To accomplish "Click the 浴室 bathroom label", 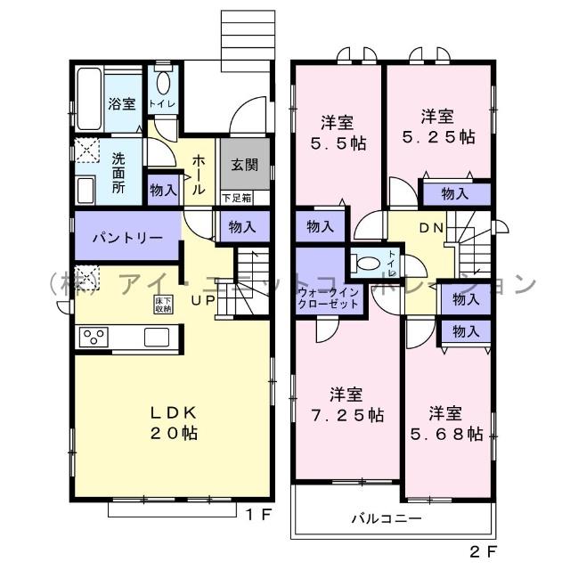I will click(x=122, y=103).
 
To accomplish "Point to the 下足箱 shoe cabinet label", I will click(x=237, y=198).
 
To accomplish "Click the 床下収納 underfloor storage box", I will click(x=164, y=305).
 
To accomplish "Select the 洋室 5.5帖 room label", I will click(x=340, y=131).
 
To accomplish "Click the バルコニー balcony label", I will click(x=386, y=517).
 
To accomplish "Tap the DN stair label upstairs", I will click(x=431, y=228).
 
